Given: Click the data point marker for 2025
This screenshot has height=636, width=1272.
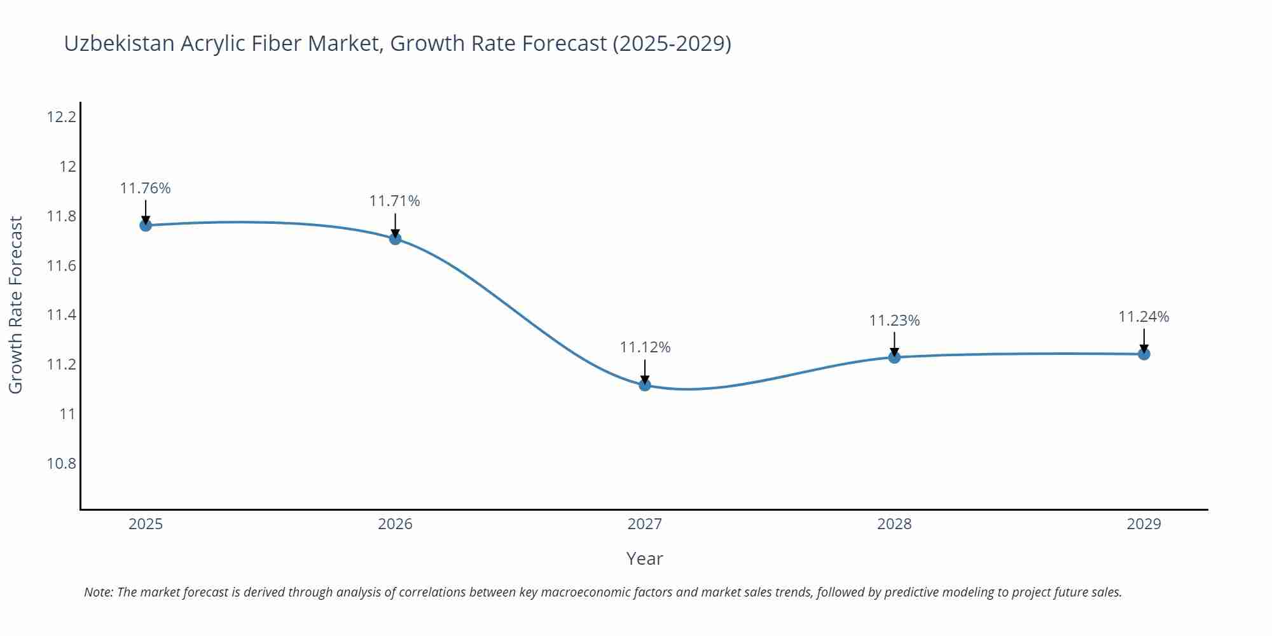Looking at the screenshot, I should (146, 225).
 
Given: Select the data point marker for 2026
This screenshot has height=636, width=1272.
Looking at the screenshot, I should (395, 238).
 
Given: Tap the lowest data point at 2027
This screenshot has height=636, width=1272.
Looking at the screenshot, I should (645, 385).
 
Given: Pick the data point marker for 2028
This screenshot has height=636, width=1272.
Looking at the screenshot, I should (894, 357).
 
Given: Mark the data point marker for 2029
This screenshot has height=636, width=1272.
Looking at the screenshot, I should (1144, 354).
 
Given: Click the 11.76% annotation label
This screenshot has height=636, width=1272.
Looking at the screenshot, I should (146, 188).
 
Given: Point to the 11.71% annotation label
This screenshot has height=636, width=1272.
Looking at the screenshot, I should (395, 201).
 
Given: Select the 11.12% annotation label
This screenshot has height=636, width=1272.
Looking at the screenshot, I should (645, 347).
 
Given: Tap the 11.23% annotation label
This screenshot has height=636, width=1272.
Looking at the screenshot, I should (894, 321).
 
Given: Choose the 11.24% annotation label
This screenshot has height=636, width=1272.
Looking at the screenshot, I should (1144, 317).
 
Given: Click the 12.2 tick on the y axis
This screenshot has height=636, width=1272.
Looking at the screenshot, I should (61, 117).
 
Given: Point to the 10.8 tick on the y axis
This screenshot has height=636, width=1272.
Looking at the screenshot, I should (61, 464).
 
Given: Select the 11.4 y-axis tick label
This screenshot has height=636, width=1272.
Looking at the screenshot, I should (61, 315).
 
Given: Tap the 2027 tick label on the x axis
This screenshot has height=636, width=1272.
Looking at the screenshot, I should (645, 524).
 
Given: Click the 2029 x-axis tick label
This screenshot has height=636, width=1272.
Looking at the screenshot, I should (1144, 524).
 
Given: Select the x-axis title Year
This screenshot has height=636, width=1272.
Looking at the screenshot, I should (644, 558).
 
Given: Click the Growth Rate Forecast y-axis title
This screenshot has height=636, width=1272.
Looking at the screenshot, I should (16, 305).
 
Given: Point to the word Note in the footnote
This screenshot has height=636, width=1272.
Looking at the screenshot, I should (98, 592).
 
